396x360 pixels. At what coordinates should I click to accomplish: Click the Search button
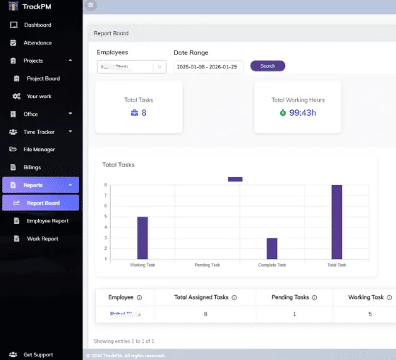click(x=267, y=66)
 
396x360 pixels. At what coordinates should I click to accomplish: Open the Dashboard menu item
click(x=37, y=25)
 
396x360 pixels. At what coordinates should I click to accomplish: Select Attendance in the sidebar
click(x=37, y=43)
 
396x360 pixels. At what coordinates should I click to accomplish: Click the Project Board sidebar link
click(x=43, y=78)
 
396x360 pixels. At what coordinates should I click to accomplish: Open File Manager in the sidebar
click(x=39, y=149)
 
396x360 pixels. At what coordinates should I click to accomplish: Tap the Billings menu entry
click(x=32, y=167)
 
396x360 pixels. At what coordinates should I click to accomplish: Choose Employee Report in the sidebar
click(x=48, y=221)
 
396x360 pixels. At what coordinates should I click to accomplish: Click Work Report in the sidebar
click(x=42, y=238)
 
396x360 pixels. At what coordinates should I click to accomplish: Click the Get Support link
click(x=37, y=354)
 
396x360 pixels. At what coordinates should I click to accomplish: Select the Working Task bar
click(x=143, y=238)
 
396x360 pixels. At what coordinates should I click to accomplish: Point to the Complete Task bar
click(x=272, y=248)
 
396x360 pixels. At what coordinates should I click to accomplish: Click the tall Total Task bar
click(x=336, y=222)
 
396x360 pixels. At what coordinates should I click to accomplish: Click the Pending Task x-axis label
click(x=207, y=265)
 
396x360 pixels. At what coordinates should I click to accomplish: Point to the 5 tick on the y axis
click(x=105, y=217)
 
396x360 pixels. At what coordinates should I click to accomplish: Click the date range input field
click(x=208, y=66)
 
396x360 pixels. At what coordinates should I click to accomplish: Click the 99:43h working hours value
click(x=303, y=112)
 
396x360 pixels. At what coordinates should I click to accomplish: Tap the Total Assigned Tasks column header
click(x=202, y=297)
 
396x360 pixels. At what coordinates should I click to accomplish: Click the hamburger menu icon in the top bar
click(x=90, y=5)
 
